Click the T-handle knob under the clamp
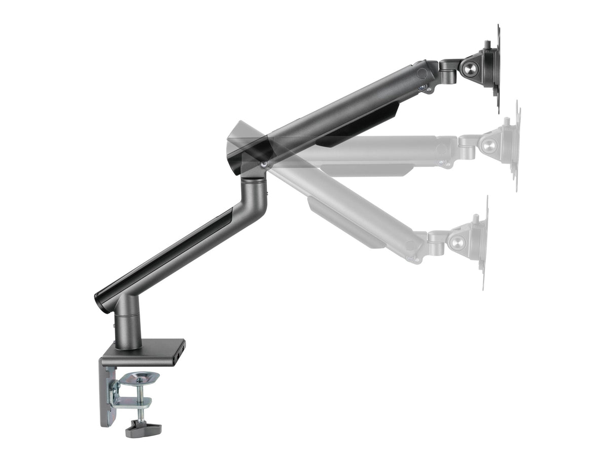[x=143, y=429]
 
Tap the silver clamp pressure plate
[x=140, y=378]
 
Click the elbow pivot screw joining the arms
[x=264, y=164]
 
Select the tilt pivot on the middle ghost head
[x=489, y=146]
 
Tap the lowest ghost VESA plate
[x=484, y=243]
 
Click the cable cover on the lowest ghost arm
[x=344, y=223]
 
